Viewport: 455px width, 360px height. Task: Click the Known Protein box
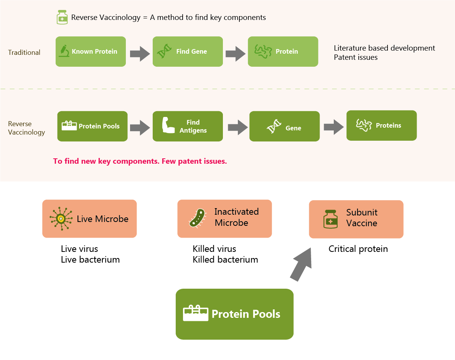(x=91, y=52)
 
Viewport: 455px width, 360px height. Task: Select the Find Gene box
(x=188, y=52)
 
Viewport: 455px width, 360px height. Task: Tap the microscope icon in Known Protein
(x=64, y=51)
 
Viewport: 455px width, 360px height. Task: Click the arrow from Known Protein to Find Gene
(x=140, y=54)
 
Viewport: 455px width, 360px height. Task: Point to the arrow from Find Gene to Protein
(x=236, y=54)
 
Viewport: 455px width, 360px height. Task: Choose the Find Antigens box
(x=188, y=126)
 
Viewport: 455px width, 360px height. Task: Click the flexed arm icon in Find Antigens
(x=168, y=125)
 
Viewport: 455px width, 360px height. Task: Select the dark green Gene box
(x=284, y=126)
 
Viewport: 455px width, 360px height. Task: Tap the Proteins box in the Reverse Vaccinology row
(x=382, y=125)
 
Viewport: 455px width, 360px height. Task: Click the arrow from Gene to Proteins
(x=334, y=127)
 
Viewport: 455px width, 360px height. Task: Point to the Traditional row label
(x=24, y=53)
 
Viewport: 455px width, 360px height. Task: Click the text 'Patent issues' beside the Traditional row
(x=356, y=58)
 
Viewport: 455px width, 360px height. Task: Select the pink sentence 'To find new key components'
(x=106, y=161)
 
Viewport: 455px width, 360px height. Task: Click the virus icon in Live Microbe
(x=61, y=219)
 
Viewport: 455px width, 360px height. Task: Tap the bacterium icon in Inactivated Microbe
(x=198, y=218)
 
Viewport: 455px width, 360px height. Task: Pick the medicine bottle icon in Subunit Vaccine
(x=331, y=219)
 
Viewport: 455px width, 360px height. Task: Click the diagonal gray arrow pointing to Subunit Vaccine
(x=301, y=265)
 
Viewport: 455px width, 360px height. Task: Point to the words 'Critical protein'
(x=358, y=249)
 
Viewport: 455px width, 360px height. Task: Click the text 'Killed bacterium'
(x=226, y=260)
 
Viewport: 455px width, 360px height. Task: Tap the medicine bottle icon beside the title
(x=62, y=17)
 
